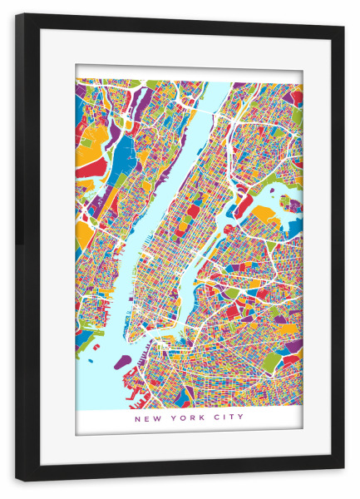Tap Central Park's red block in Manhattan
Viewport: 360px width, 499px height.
click(x=193, y=211)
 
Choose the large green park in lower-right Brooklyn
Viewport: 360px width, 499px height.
click(x=273, y=362)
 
